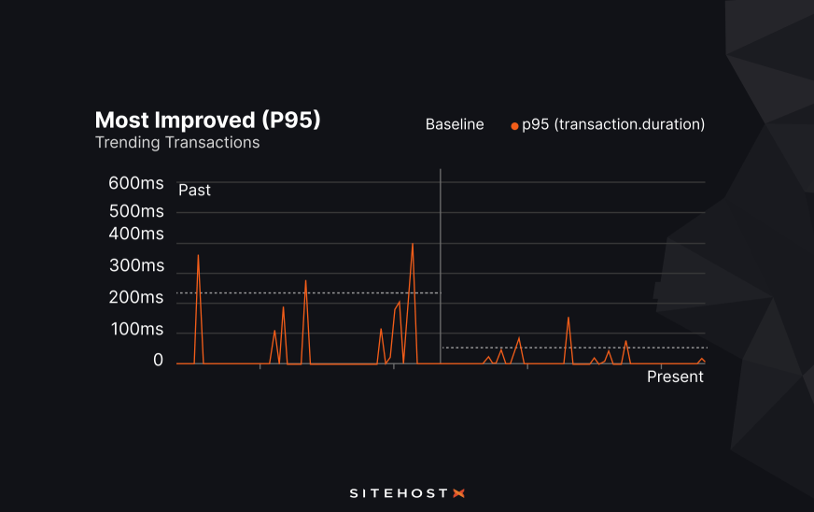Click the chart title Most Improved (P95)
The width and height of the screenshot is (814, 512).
(207, 121)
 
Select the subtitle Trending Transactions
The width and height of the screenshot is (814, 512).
(176, 143)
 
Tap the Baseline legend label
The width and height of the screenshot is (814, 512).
(455, 124)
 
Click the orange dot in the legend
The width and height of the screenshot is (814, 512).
(514, 125)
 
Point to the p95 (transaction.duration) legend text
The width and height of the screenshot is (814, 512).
(613, 124)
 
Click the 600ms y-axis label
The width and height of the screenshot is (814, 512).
(136, 183)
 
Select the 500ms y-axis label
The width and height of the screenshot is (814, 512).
(136, 211)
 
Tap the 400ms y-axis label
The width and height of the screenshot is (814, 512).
(136, 234)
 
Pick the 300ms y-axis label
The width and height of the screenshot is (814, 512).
(136, 266)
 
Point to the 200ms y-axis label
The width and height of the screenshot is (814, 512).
(136, 298)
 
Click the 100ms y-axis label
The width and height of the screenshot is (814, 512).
(136, 330)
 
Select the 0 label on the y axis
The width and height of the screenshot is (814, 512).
(158, 361)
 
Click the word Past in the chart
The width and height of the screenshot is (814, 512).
(194, 191)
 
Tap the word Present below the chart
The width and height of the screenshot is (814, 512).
(675, 377)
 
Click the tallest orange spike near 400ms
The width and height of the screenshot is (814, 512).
(412, 246)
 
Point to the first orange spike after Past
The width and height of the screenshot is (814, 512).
(198, 257)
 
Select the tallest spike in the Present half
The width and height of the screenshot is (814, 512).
(568, 320)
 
